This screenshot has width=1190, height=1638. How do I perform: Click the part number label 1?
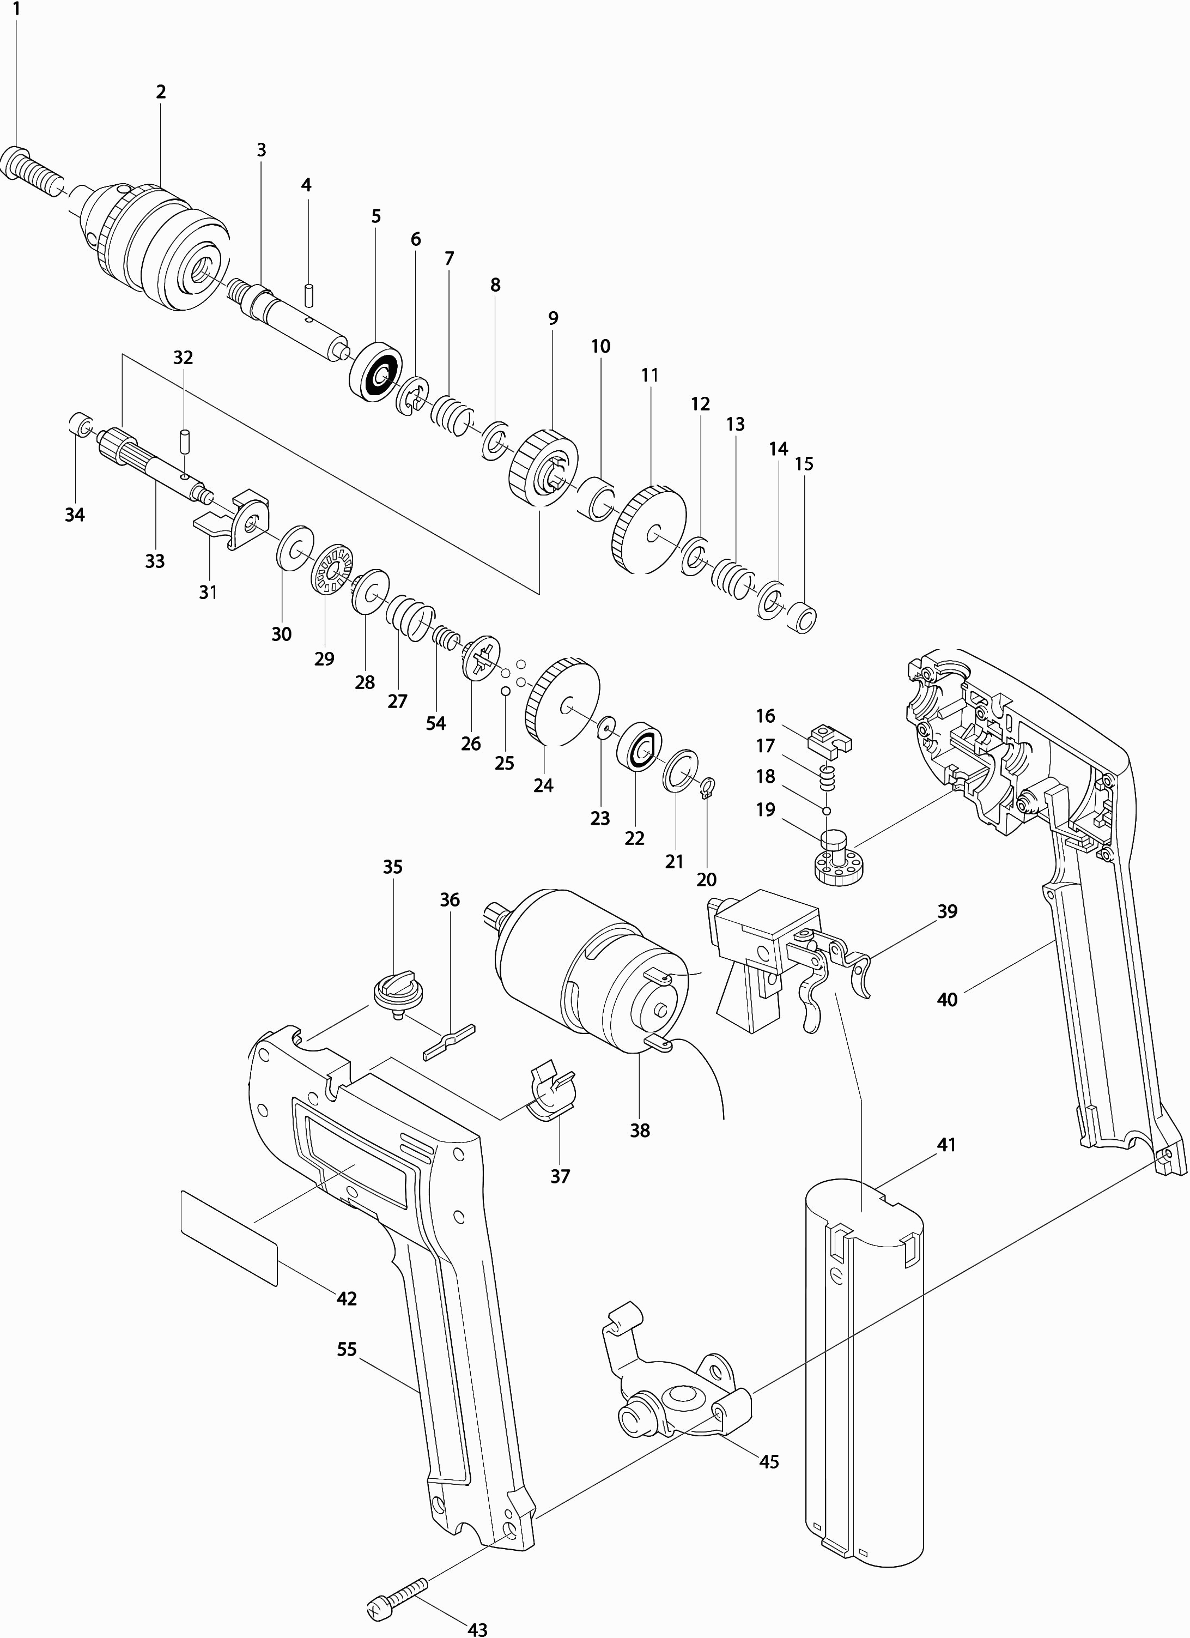[x=16, y=10]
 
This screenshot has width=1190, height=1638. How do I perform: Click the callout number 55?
[x=347, y=1349]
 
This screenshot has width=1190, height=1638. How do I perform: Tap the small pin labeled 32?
[x=184, y=442]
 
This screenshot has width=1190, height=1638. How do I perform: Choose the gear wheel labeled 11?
[x=648, y=529]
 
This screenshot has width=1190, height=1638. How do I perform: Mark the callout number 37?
[x=560, y=1176]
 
